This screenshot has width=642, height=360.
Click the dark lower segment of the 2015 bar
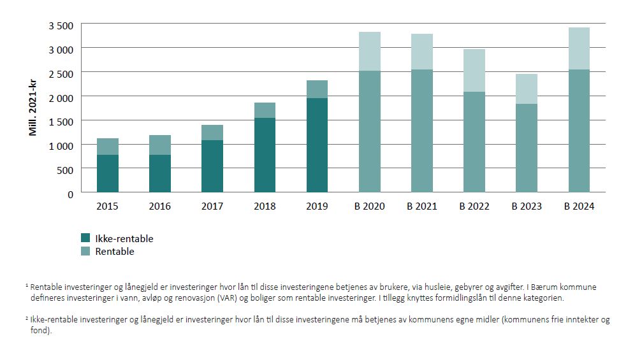pos(108,173)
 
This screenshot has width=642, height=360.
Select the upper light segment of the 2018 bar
pos(265,110)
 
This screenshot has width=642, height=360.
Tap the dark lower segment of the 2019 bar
pos(317,145)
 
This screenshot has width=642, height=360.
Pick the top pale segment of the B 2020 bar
pos(369,51)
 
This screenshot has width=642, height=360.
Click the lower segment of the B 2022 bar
pos(474,141)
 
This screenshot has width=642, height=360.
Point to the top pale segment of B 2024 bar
pos(578,48)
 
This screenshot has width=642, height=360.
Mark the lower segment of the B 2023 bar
pos(526,148)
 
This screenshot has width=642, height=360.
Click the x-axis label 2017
pos(212,206)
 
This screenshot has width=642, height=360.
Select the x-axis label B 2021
pos(421,206)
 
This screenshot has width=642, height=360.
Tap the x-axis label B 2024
pos(578,206)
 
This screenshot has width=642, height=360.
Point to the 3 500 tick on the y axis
pos(61,25)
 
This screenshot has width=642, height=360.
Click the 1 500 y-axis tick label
pos(61,121)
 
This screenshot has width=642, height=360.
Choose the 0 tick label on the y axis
pos(70,193)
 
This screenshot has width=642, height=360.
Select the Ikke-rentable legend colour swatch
pos(85,238)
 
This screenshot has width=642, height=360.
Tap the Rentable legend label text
pos(115,252)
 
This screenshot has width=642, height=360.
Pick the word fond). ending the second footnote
pos(41,329)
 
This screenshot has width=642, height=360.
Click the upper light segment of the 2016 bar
pos(160,145)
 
